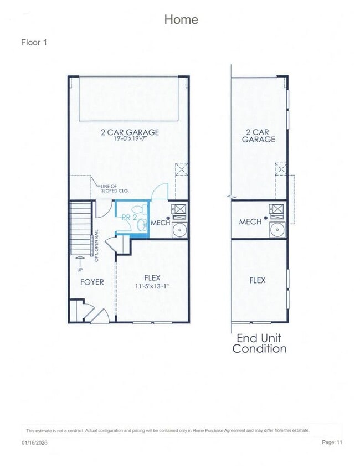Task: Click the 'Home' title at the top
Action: tap(181, 19)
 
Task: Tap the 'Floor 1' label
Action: tap(34, 42)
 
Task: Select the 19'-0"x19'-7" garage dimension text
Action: tap(130, 140)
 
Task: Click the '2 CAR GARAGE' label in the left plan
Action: tap(130, 132)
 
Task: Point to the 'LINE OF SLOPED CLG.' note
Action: tap(114, 189)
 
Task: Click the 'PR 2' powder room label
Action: tap(129, 218)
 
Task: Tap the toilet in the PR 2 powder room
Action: tap(143, 210)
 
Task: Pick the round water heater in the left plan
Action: tap(179, 230)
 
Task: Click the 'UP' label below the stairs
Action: tap(80, 270)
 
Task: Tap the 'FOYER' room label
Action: tap(92, 282)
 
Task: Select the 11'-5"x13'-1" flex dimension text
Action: tap(152, 286)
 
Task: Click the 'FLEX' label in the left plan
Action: tap(152, 277)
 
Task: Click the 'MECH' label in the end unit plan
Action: tap(250, 221)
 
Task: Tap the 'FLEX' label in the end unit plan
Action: tap(257, 280)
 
